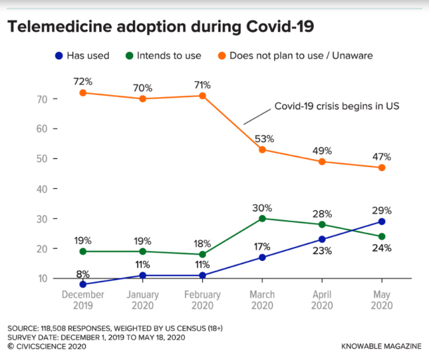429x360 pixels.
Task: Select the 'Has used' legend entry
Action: (81, 55)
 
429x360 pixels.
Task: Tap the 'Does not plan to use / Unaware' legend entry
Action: (293, 55)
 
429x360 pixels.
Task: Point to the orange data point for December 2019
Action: (83, 93)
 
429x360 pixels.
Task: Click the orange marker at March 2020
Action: (262, 150)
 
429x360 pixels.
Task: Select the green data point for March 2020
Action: (262, 218)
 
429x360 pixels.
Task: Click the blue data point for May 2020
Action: (382, 221)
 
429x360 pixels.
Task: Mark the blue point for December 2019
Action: (83, 284)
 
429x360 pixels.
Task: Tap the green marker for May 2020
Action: (382, 237)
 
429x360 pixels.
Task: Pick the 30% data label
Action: (262, 207)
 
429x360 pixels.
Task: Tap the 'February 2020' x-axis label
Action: (202, 300)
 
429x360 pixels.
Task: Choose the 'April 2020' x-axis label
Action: (322, 300)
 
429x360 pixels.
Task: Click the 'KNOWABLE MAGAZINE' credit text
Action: (381, 346)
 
